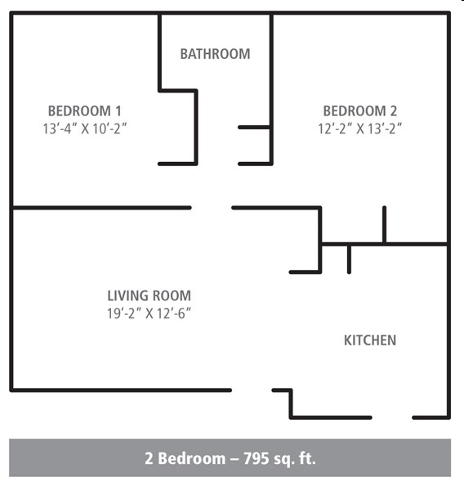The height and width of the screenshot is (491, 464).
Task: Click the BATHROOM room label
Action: click(x=215, y=54)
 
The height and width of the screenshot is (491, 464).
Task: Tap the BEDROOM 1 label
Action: click(x=84, y=110)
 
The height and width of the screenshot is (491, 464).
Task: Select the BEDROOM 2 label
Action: click(x=360, y=110)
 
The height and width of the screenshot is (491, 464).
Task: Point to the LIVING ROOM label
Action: click(x=149, y=295)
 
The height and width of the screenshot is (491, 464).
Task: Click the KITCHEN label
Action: click(x=370, y=340)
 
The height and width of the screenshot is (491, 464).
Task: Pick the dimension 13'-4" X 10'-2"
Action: click(x=85, y=128)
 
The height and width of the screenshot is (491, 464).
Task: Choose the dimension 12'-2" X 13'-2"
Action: click(x=360, y=128)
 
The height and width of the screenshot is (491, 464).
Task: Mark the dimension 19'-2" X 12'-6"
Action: click(x=149, y=313)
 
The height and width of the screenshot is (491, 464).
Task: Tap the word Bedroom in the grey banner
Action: click(x=192, y=458)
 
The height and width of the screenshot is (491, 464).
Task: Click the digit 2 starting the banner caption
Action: click(x=149, y=458)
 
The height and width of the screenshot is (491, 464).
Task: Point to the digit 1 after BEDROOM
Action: click(x=118, y=110)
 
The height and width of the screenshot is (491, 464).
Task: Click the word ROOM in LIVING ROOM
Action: click(x=171, y=295)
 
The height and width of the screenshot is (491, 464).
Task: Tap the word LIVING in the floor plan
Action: click(x=127, y=295)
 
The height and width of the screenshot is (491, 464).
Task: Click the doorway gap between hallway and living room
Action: click(x=212, y=208)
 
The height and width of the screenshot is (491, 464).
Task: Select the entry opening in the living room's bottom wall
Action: click(x=252, y=390)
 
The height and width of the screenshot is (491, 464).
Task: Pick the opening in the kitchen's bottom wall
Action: click(x=392, y=417)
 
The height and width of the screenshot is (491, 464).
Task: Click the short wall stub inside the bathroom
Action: click(x=254, y=127)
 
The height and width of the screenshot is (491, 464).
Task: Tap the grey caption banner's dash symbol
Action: click(x=234, y=459)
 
